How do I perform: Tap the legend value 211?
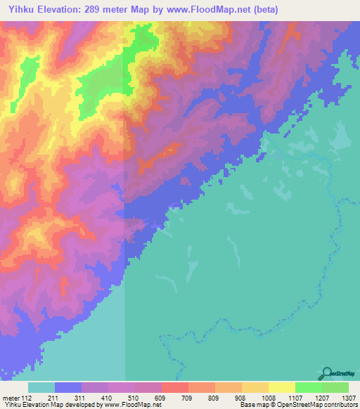tap(53, 396)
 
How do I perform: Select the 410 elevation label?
tap(107, 396)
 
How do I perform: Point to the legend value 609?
tap(160, 396)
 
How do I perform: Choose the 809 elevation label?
tap(214, 396)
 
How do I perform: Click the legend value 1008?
tap(268, 396)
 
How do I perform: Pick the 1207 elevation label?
tap(321, 396)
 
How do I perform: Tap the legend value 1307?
tap(348, 396)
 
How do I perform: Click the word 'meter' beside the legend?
tap(9, 396)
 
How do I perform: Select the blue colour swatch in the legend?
tap(68, 387)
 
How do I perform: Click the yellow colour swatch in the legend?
tap(281, 387)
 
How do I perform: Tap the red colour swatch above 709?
tap(174, 387)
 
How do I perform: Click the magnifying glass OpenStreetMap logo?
tap(327, 373)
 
